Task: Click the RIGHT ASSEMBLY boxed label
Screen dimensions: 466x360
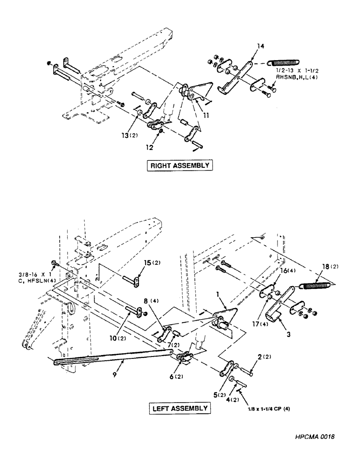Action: tap(180, 165)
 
